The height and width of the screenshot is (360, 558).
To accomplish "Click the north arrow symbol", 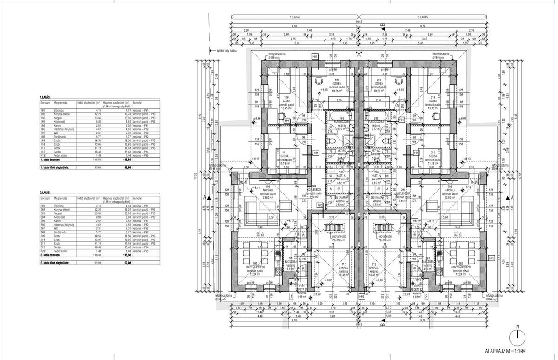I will coord(517,336).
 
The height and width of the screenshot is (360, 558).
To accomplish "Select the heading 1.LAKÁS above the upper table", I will coord(46,98).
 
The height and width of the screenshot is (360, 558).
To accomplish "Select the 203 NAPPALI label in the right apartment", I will coord(449,191).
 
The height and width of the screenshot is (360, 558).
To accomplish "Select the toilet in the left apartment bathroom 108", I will coord(330,140).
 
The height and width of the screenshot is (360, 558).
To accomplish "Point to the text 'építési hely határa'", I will coord(227,50).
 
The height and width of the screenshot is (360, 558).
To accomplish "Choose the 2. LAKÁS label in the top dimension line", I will coord(422,17).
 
